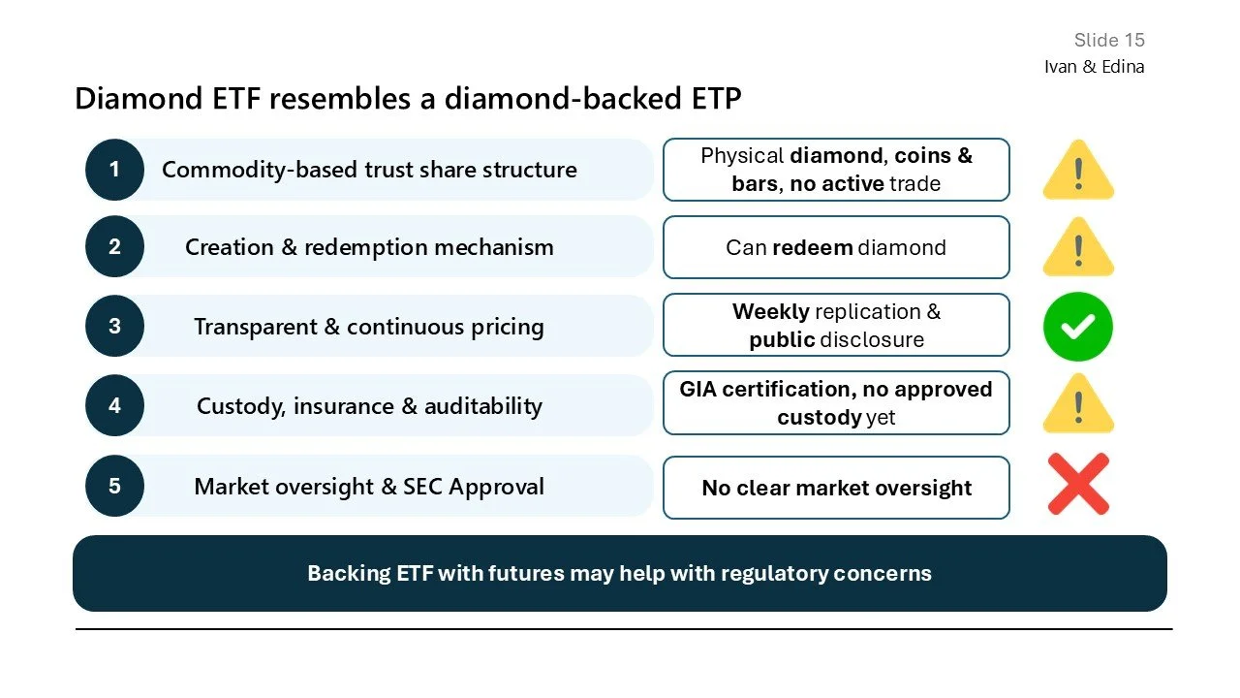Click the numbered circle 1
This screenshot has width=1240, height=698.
point(114,170)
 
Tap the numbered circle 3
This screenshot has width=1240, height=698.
point(114,327)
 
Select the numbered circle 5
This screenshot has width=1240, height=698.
point(114,486)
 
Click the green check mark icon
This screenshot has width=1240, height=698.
point(1077,328)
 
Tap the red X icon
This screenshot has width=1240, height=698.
point(1078,485)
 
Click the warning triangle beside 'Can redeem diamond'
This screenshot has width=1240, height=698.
point(1078,249)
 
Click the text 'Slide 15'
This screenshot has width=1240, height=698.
point(1109,40)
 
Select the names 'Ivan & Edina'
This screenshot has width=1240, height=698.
point(1094,67)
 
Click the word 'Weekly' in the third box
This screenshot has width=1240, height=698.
point(770,312)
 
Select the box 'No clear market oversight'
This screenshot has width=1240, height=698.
point(836,488)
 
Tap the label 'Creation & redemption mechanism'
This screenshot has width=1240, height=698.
point(369,247)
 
